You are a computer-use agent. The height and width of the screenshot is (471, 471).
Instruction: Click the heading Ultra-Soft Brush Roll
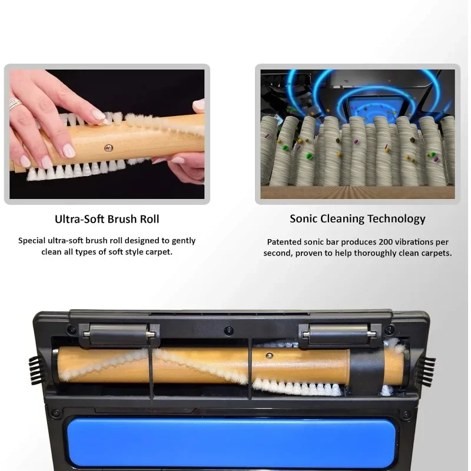[107, 219]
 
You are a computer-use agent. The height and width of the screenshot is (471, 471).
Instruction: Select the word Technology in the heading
[396, 218]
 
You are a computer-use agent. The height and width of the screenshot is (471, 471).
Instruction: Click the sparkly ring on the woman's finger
[14, 104]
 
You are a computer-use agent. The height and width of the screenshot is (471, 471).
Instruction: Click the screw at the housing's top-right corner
[390, 329]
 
